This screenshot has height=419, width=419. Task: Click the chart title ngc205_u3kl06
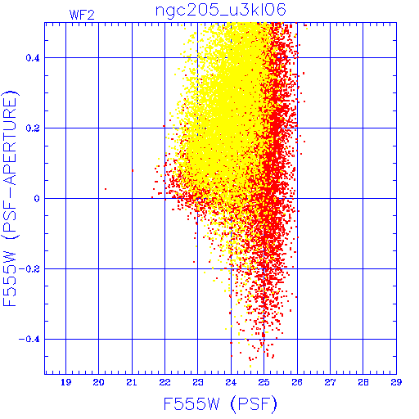click(x=220, y=11)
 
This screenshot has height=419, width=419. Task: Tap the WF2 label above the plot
click(x=82, y=15)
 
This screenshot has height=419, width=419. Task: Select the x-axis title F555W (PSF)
click(x=220, y=403)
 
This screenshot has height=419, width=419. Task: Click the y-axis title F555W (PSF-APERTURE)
click(x=10, y=198)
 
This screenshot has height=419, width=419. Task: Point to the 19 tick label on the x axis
click(x=65, y=382)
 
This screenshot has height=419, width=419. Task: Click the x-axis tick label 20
click(x=98, y=382)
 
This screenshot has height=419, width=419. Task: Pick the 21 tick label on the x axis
click(x=132, y=382)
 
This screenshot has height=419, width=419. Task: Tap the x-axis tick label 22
click(x=164, y=382)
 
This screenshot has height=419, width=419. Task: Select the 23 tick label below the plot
click(x=198, y=382)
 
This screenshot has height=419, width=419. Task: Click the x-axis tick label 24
click(x=231, y=382)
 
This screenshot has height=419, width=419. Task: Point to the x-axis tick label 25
click(x=264, y=382)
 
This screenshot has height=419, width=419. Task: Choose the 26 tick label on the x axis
click(x=297, y=382)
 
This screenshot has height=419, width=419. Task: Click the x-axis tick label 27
click(x=330, y=382)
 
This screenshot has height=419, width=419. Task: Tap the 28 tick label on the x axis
click(x=363, y=382)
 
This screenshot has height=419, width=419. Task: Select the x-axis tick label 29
click(x=396, y=382)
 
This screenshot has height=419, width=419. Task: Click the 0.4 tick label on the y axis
click(x=33, y=58)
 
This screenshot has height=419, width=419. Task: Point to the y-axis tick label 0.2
click(x=33, y=128)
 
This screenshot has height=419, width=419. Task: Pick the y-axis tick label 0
click(x=37, y=199)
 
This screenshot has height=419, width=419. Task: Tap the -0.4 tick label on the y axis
click(x=29, y=340)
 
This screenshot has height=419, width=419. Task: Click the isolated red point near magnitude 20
click(x=106, y=189)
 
